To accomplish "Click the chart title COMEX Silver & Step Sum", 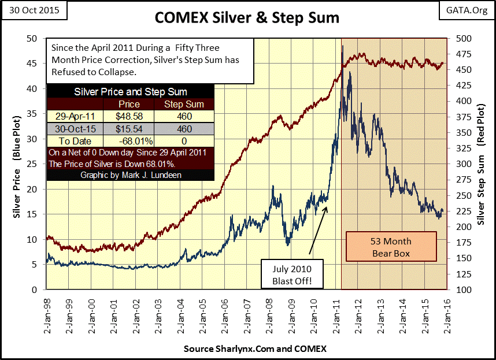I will (x=247, y=18).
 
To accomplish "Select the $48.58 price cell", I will (x=128, y=116).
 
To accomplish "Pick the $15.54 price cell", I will (x=128, y=129).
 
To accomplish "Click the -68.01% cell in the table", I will (x=128, y=141).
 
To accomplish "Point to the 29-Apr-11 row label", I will (x=75, y=116).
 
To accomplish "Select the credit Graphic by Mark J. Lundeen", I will (x=130, y=175).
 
